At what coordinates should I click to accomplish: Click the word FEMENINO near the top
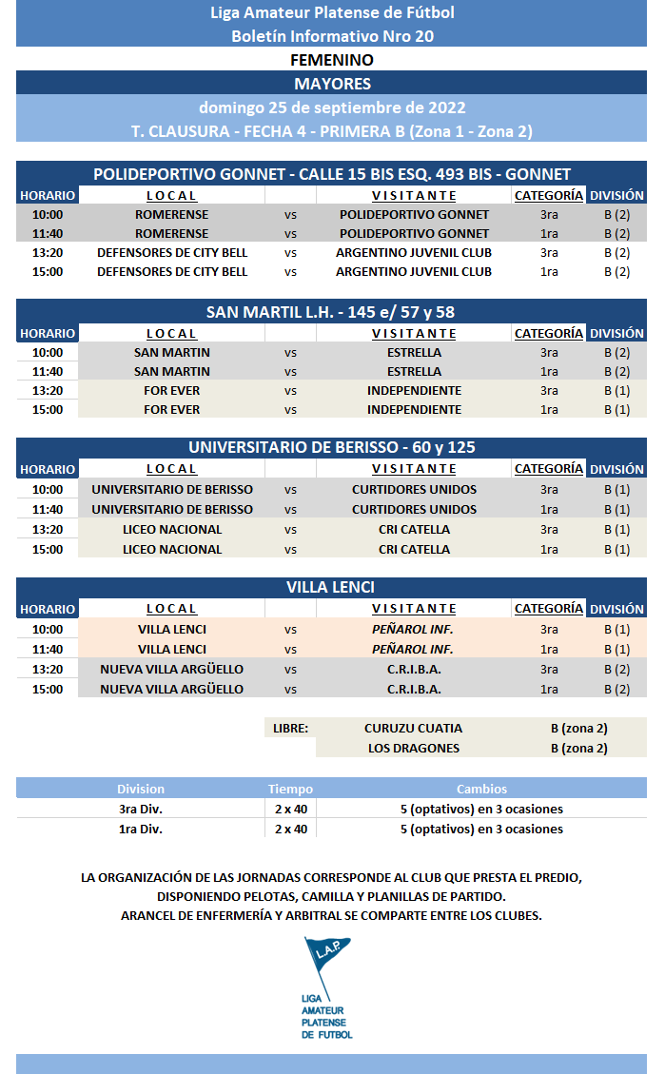[332, 60]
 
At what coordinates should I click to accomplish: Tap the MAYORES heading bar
[332, 84]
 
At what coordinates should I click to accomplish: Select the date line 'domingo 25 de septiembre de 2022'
[332, 107]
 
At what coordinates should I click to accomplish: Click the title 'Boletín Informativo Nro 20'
[332, 36]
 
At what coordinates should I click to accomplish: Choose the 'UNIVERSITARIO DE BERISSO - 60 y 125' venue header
[332, 447]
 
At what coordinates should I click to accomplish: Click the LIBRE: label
[290, 728]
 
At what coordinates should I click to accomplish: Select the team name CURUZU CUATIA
[413, 728]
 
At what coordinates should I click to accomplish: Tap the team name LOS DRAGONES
[413, 748]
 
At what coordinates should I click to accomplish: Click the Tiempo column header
[290, 789]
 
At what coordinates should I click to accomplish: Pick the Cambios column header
[481, 789]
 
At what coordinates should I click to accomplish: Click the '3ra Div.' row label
[141, 809]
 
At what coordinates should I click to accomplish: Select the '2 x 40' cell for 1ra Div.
[290, 829]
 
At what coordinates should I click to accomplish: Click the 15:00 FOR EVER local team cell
[171, 409]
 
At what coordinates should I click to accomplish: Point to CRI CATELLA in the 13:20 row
[414, 529]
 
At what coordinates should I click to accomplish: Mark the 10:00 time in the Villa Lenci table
[47, 629]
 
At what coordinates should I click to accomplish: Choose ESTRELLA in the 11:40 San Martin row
[414, 371]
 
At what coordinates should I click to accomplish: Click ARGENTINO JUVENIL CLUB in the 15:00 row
[414, 271]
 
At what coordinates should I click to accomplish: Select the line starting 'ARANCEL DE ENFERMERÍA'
[332, 915]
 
